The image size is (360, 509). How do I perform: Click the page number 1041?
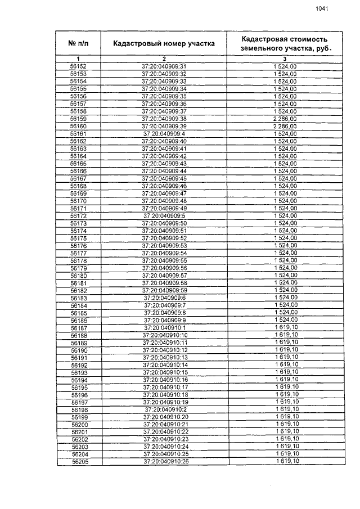point(322,8)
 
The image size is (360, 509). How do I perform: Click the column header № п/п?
point(79,43)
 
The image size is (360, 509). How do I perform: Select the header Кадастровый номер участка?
point(164,43)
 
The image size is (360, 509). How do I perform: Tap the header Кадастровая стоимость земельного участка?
point(285,43)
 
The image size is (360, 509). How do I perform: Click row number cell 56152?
point(79,66)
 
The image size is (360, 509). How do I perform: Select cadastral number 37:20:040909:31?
point(164,66)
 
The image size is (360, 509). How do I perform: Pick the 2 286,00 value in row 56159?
point(285,119)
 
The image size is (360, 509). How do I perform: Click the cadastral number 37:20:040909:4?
point(164,134)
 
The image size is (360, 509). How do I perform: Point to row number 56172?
point(79,215)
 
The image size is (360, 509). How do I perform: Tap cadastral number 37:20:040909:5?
point(164,215)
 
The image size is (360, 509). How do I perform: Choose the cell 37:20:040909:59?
point(164,290)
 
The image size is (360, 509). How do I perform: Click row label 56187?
point(79,327)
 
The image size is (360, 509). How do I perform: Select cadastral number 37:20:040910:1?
point(164,327)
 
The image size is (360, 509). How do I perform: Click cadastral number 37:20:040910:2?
point(164,409)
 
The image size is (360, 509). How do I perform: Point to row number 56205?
point(79,461)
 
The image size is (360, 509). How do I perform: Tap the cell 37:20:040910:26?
point(165,461)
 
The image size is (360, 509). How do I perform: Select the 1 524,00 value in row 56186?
point(285,319)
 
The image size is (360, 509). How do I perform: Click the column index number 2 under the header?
point(164,58)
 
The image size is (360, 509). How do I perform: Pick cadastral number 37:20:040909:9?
point(164,319)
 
